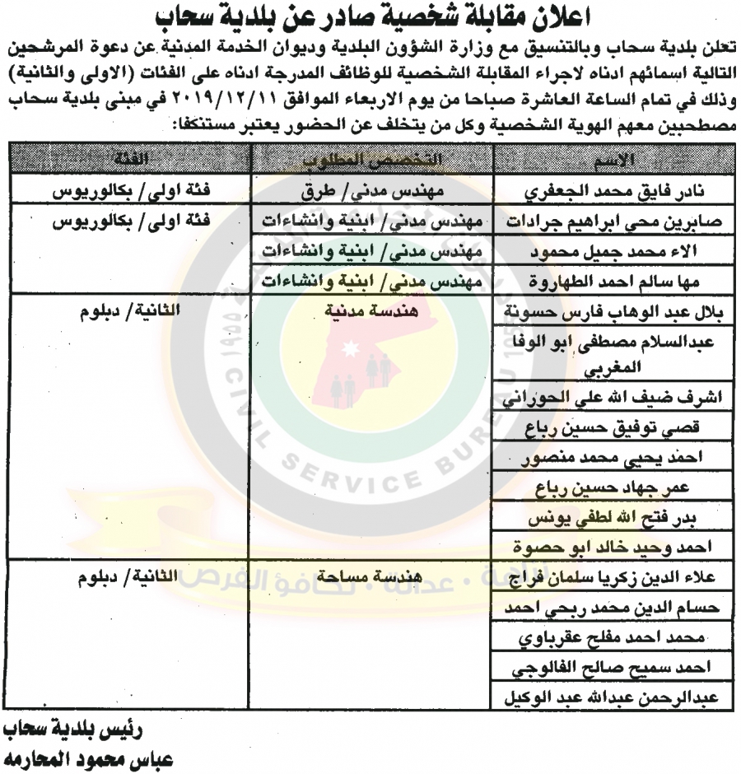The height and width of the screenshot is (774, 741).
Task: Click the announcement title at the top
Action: (370, 18)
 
